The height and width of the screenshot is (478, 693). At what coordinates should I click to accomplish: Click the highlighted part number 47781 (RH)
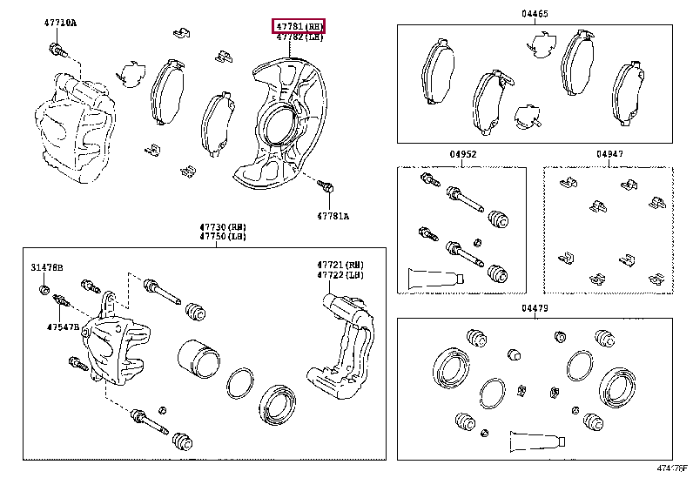click(x=299, y=26)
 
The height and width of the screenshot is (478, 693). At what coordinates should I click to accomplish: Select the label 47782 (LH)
click(x=299, y=37)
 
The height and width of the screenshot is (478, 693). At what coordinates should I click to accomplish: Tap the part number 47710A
click(x=60, y=23)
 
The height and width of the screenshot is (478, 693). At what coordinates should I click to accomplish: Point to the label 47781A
click(x=332, y=215)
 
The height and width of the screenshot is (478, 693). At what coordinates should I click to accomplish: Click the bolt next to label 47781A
click(x=327, y=186)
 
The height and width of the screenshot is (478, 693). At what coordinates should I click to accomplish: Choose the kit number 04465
click(x=535, y=14)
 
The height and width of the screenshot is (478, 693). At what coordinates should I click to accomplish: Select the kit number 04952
click(x=462, y=154)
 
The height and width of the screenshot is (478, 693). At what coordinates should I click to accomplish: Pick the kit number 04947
click(x=609, y=154)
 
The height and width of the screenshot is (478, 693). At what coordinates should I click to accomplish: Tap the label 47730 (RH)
click(x=216, y=227)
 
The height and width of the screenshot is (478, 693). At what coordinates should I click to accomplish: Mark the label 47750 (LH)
click(x=216, y=237)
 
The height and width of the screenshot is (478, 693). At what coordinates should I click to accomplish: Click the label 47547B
click(x=63, y=327)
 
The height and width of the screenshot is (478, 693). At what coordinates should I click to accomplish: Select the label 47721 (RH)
click(x=340, y=265)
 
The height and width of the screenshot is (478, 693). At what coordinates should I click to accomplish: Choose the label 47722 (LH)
click(x=340, y=274)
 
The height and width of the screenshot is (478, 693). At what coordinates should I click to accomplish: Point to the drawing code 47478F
click(x=671, y=468)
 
